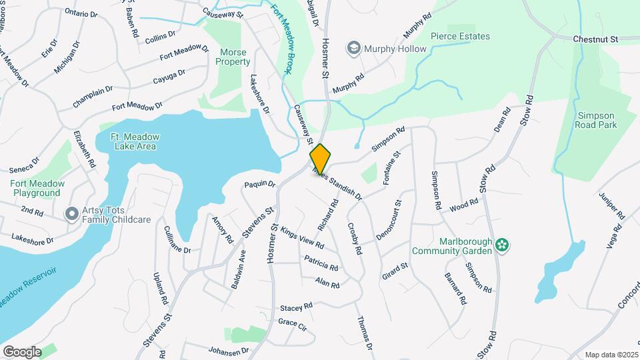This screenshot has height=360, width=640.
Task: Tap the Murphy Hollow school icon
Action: click(x=353, y=48)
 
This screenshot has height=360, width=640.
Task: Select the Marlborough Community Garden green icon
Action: click(x=503, y=246)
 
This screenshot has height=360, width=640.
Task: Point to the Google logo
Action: click(x=22, y=351)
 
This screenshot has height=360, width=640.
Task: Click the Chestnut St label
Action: click(x=597, y=39)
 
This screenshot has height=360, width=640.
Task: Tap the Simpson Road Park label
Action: click(x=596, y=119)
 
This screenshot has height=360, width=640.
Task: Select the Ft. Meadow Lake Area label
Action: click(x=135, y=141)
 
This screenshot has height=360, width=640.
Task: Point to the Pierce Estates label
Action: click(x=460, y=36)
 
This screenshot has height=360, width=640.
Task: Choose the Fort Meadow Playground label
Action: click(x=37, y=188)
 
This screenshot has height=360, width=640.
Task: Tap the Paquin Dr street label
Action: click(x=259, y=183)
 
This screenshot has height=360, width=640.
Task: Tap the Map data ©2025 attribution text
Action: click(x=611, y=355)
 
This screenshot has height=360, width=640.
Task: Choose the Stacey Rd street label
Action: click(x=296, y=307)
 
